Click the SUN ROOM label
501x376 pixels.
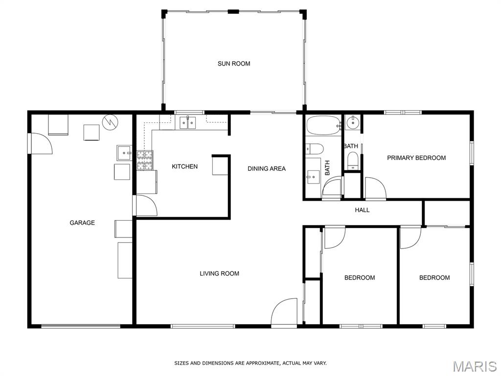click(234, 64)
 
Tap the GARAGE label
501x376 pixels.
click(82, 223)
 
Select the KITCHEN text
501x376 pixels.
click(184, 166)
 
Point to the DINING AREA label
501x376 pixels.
click(267, 168)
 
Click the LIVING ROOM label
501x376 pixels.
click(219, 273)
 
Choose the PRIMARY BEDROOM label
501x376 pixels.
click(416, 158)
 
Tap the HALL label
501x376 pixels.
click(362, 210)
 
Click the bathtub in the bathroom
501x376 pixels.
click(323, 126)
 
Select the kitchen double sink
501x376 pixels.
click(187, 123)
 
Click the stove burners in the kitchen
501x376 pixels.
click(145, 160)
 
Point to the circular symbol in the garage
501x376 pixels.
click(110, 122)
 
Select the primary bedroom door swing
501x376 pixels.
click(375, 188)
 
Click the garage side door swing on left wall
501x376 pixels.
click(41, 143)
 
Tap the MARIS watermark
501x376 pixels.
click(475, 366)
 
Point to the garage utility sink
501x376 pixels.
click(124, 153)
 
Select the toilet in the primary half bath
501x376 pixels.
click(353, 160)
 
